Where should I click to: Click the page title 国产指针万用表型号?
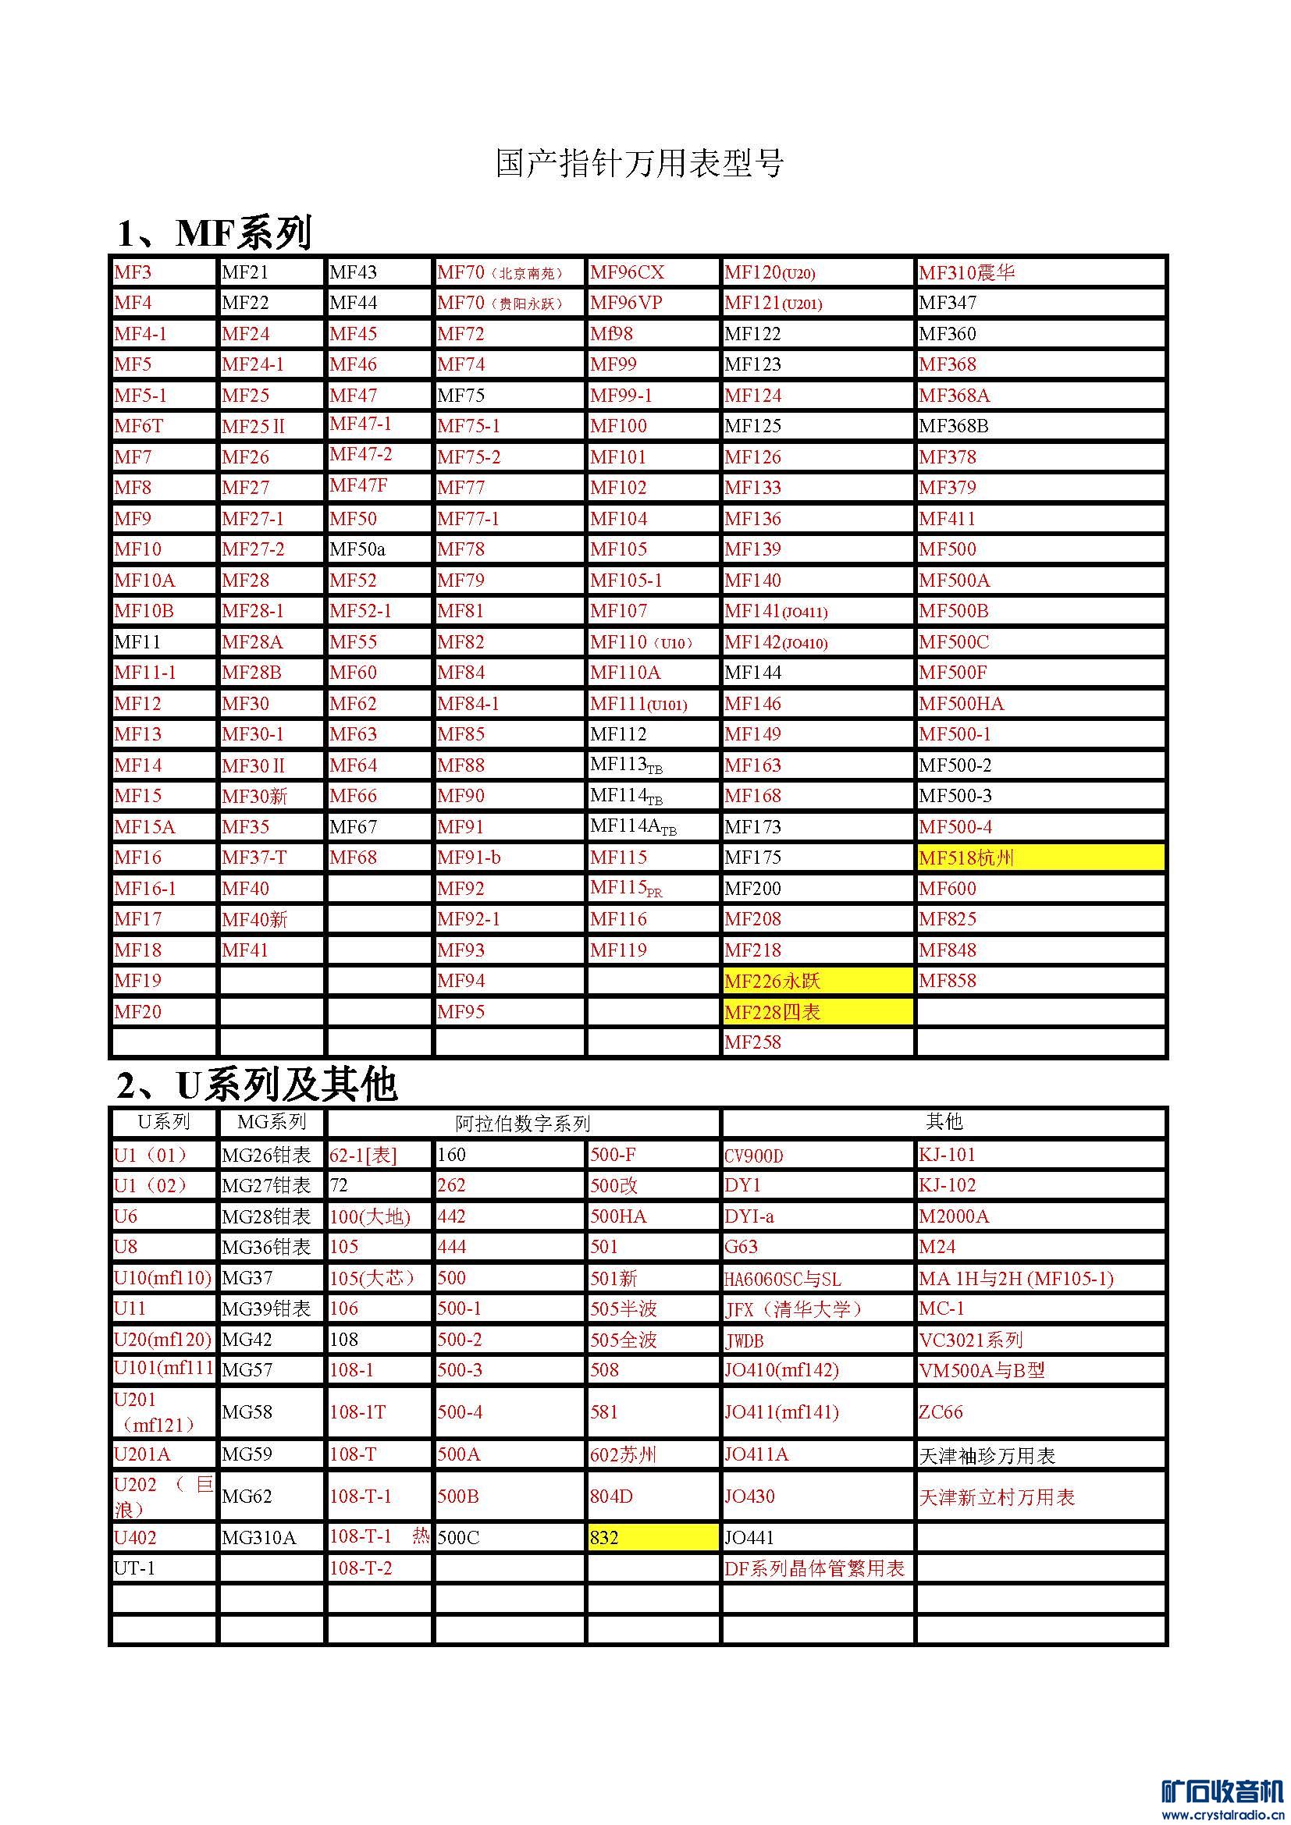pyautogui.click(x=640, y=163)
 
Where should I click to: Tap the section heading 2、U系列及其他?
pyautogui.click(x=256, y=1085)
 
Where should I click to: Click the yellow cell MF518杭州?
pyautogui.click(x=1040, y=857)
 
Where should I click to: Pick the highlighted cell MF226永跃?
pyautogui.click(x=817, y=981)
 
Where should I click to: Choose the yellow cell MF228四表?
pyautogui.click(x=817, y=1012)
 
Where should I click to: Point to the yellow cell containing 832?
pyautogui.click(x=653, y=1537)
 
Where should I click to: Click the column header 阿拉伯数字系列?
pyautogui.click(x=522, y=1123)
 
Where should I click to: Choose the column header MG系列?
pyautogui.click(x=271, y=1121)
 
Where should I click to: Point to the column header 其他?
pyautogui.click(x=944, y=1121)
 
